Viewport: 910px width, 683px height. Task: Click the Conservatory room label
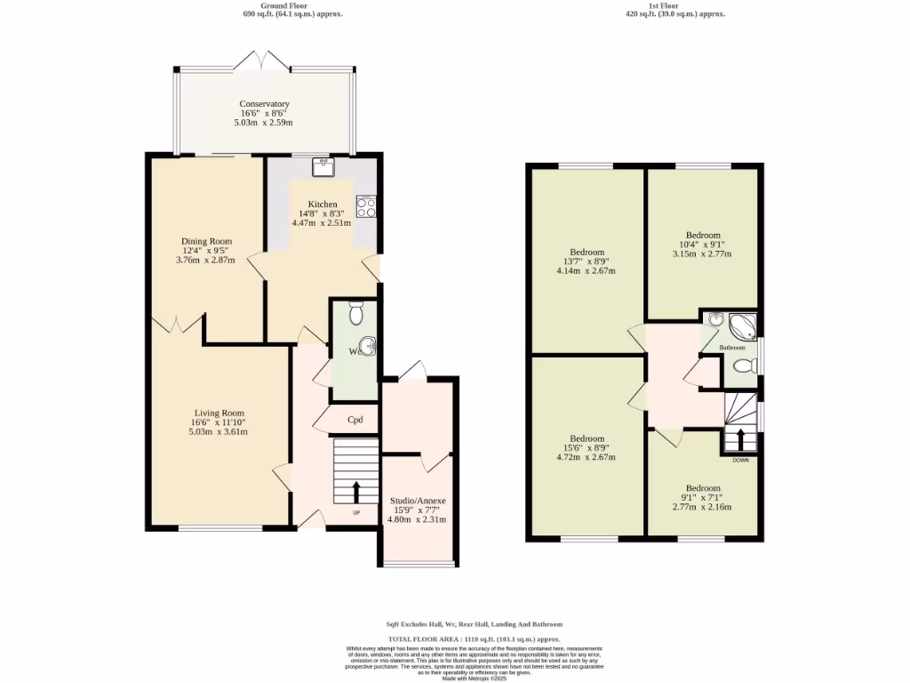264,104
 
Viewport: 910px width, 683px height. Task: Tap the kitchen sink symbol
321,166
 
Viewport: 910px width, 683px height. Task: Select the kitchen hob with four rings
365,207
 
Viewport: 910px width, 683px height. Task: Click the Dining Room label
206,241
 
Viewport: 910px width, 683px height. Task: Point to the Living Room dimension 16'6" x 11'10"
218,422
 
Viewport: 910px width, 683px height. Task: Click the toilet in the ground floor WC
356,314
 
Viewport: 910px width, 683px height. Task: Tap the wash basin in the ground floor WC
368,345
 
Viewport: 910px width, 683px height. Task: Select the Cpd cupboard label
355,420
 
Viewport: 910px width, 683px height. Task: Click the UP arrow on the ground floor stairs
356,491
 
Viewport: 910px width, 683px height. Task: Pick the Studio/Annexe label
417,501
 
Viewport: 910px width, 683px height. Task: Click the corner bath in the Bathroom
741,326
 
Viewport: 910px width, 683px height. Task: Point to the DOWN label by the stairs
740,461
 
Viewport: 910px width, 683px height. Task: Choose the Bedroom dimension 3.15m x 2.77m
701,253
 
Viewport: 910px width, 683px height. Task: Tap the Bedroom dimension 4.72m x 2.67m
587,458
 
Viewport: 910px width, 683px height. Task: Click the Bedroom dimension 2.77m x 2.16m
702,507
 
